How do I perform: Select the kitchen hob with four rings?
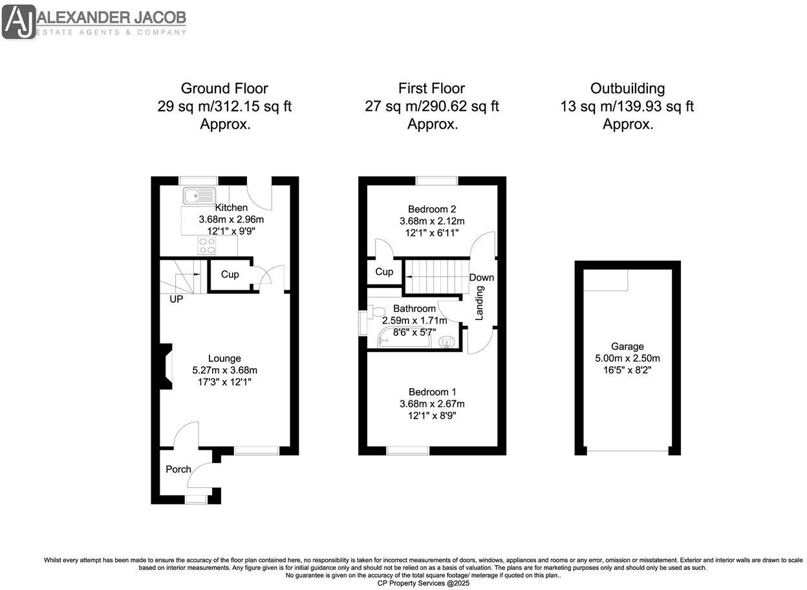click(208, 245)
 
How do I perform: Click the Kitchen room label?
click(231, 208)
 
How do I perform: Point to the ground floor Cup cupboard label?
click(230, 274)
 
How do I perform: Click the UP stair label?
click(175, 300)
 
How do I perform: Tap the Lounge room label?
click(224, 358)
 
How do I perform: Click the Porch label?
click(178, 469)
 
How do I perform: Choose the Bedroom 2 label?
click(432, 209)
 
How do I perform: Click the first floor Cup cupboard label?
click(384, 272)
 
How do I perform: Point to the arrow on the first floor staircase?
click(436, 276)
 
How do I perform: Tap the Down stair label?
click(482, 278)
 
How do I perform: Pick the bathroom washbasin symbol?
click(446, 342)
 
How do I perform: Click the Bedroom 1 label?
click(432, 392)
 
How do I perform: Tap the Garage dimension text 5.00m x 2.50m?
click(627, 358)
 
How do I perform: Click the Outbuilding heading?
click(627, 89)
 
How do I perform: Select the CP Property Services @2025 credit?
click(424, 583)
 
